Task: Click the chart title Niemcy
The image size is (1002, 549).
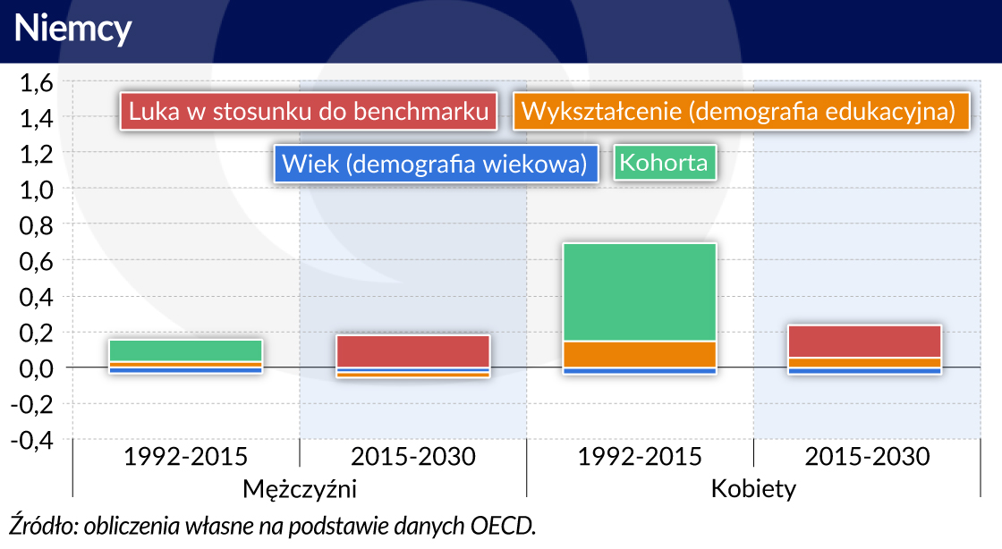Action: pos(72,30)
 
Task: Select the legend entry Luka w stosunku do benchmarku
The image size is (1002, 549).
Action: pos(309,112)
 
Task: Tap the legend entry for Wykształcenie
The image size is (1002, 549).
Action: pos(742,112)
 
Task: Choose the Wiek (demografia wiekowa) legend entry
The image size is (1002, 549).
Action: pos(436,164)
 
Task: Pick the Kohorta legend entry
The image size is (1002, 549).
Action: pos(665,163)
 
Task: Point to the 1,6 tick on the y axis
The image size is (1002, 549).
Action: pos(37,83)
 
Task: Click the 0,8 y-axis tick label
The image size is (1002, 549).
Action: pos(37,225)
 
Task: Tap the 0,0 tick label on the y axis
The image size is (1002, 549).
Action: pos(37,368)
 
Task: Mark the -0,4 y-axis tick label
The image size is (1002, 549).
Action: pos(32,440)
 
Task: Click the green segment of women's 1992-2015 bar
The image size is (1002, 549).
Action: pos(640,292)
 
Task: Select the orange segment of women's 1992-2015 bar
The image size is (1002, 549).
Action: pos(640,355)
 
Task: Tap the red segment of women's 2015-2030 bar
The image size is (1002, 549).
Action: pos(864,342)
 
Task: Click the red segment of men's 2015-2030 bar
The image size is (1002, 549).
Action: pos(412,351)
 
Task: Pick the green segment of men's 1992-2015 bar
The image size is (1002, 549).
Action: pos(186,351)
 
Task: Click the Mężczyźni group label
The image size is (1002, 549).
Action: pos(300,489)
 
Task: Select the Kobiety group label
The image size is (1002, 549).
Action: pos(753,489)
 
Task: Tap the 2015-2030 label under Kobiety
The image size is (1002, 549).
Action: pos(867,457)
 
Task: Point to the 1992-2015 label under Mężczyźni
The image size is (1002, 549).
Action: pos(186,457)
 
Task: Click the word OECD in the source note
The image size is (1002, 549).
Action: pos(502,526)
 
